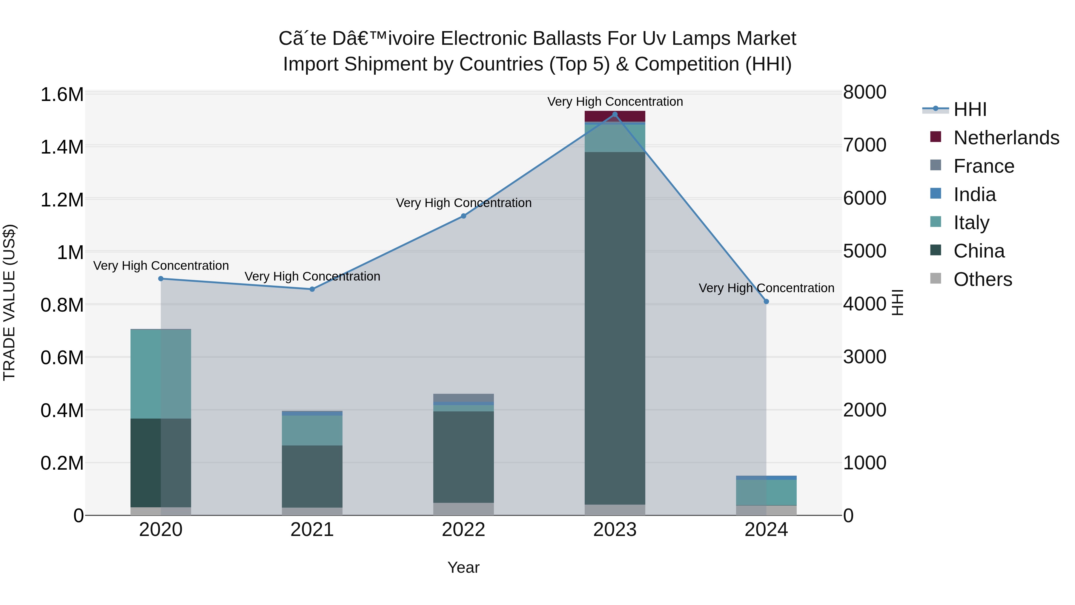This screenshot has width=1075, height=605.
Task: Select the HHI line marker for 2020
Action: [161, 278]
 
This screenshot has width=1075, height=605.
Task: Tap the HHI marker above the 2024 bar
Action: [766, 301]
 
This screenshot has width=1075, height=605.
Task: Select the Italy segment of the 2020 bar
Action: [161, 374]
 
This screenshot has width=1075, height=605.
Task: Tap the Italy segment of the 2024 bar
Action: [766, 492]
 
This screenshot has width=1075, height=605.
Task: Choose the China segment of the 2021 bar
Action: [312, 476]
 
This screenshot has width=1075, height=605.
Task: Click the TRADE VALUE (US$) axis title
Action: [9, 302]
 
